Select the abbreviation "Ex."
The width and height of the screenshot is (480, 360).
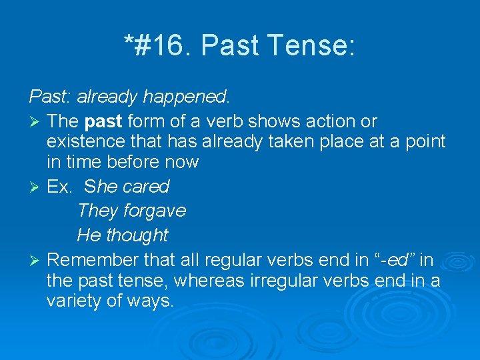coord(60,187)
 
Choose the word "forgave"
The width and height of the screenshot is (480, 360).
coord(155,211)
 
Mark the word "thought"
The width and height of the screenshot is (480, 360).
coord(137,235)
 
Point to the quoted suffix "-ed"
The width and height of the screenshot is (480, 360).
coord(397,259)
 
